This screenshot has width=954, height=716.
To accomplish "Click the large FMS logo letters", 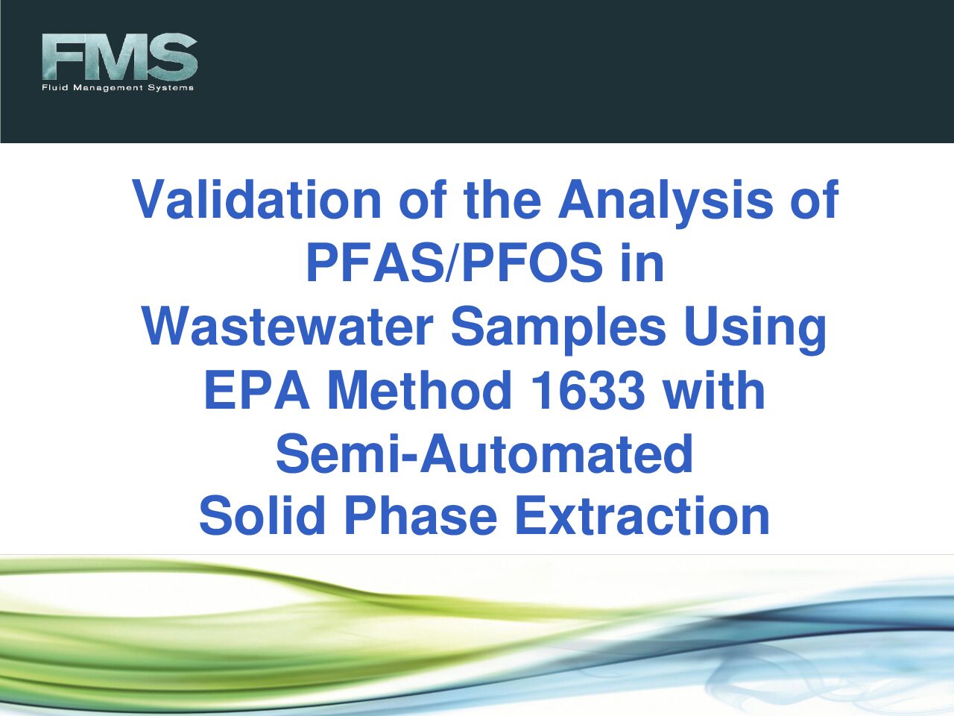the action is coord(119,57).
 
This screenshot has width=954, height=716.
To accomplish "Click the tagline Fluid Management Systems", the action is coord(118,87).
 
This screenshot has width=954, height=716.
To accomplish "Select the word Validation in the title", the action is coord(256,200).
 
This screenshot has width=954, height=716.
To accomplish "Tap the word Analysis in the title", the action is coord(666,203).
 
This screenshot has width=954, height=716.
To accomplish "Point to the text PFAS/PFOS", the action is coord(455,263).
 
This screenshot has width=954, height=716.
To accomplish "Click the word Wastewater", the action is coord(288,326).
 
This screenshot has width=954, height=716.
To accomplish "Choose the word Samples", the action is coord(558,330).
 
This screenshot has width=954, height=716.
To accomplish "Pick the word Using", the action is coord(755,330).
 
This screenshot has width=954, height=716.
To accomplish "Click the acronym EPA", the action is coord(257,390).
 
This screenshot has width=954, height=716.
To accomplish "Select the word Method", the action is coord(420,389).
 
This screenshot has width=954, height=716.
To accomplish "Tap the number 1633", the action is coord(587,390).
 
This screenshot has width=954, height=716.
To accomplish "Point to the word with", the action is coord(714,389).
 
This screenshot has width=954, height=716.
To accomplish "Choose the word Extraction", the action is coord(642,516).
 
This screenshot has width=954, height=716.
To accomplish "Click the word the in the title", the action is coord(502,200).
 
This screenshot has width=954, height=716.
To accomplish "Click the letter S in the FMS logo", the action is coord(174,57).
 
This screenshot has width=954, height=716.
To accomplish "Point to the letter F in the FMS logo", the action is coord(59,57).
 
